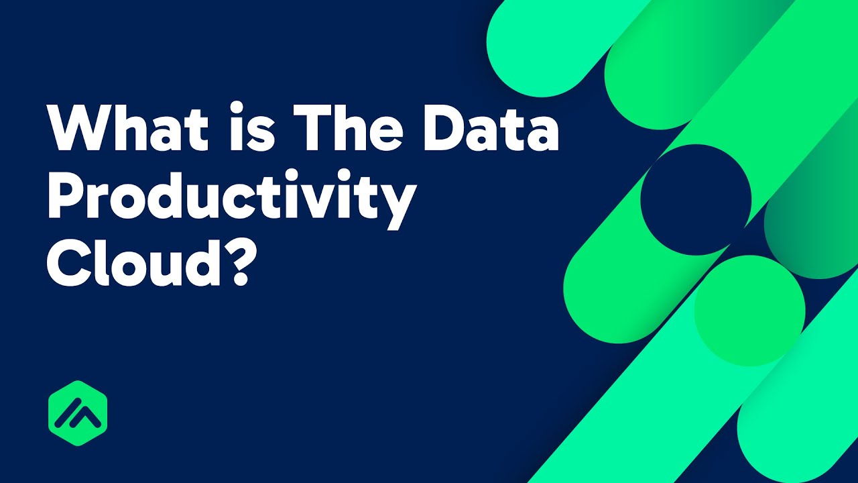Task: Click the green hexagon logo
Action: point(78,413)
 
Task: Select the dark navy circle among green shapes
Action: point(696,199)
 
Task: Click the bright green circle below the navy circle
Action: point(749,311)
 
